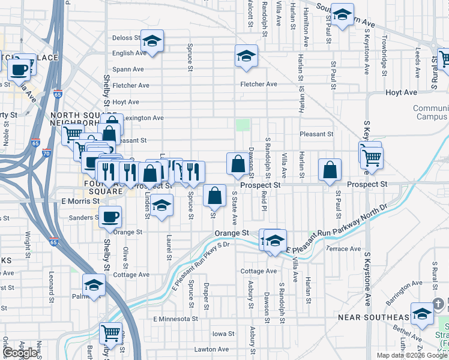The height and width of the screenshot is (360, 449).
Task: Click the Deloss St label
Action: point(125,38)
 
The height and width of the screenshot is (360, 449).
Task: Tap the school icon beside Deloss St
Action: point(152,41)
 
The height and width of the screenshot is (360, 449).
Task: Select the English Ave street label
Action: point(129,53)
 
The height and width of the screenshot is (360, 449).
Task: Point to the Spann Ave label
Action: point(128,70)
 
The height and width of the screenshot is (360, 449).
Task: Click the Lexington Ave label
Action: point(142,118)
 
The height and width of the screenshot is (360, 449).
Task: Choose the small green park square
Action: point(243,125)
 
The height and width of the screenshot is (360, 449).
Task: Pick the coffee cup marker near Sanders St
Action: point(110,217)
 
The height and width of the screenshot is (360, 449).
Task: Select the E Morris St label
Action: point(80,201)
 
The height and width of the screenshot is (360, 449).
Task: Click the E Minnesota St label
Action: point(173,319)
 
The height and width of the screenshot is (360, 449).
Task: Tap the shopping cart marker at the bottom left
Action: point(110,332)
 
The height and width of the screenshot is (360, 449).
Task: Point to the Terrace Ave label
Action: point(343,248)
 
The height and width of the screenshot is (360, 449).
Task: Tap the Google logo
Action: point(21,353)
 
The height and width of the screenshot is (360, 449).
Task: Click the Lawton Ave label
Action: point(211,349)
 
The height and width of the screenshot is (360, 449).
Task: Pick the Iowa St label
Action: point(223,334)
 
